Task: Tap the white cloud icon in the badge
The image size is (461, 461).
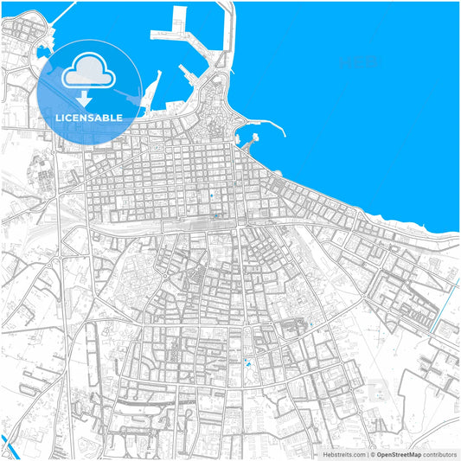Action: (89, 70)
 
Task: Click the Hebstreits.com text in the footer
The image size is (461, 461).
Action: (341, 454)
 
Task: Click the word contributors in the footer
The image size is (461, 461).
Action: (439, 454)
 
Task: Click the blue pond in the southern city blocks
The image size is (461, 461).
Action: (251, 366)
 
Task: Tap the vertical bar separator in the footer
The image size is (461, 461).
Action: (367, 454)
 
